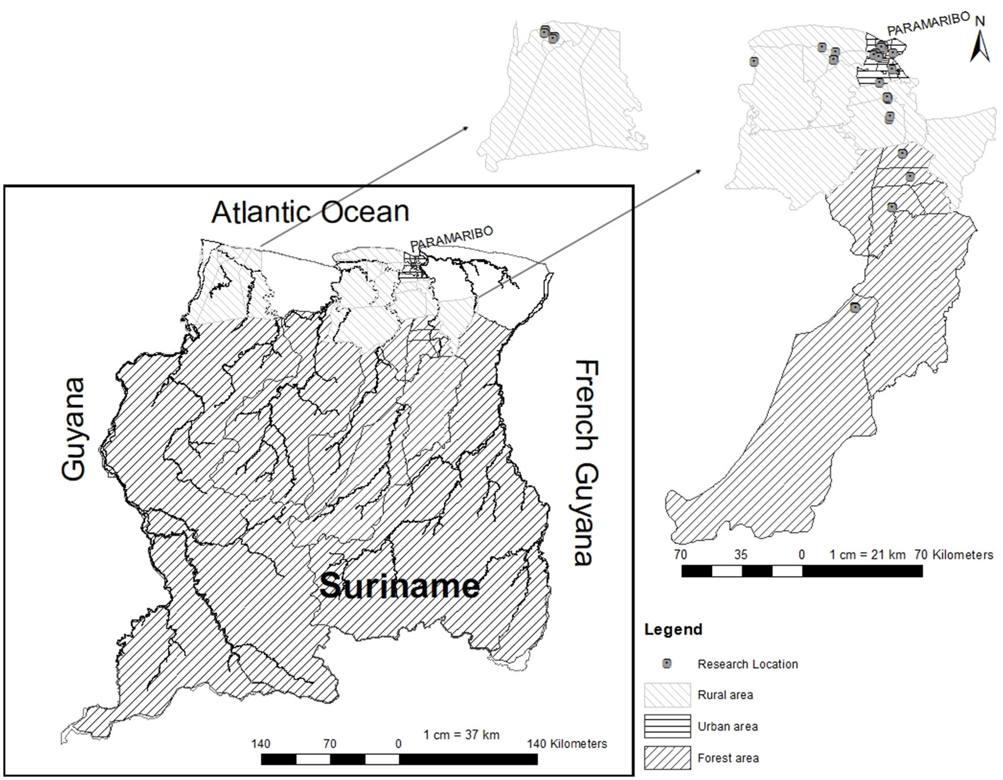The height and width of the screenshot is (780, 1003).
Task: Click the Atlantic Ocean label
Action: pos(310,212)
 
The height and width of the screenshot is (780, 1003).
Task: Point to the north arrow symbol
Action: pos(979,46)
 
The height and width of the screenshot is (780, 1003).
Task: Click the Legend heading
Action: pos(673,629)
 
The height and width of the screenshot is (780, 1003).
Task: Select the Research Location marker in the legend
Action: pos(667,663)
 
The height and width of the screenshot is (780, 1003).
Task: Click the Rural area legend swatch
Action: pos(667,695)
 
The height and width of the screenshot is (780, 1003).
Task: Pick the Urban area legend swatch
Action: pos(667,726)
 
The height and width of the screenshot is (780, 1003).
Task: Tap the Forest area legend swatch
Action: pos(667,758)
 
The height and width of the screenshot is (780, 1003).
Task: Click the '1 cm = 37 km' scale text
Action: pos(461,735)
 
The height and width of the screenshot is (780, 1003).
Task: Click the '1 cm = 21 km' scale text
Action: pos(867,555)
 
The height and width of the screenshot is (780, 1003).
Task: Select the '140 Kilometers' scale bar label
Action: pos(567,744)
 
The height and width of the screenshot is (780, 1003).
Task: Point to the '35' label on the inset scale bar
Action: pos(740,555)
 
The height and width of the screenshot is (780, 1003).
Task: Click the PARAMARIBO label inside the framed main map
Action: pos(451,238)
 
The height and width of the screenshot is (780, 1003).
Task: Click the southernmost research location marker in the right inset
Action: pos(855,308)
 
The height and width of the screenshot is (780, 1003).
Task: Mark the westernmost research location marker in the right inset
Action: pos(753,61)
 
